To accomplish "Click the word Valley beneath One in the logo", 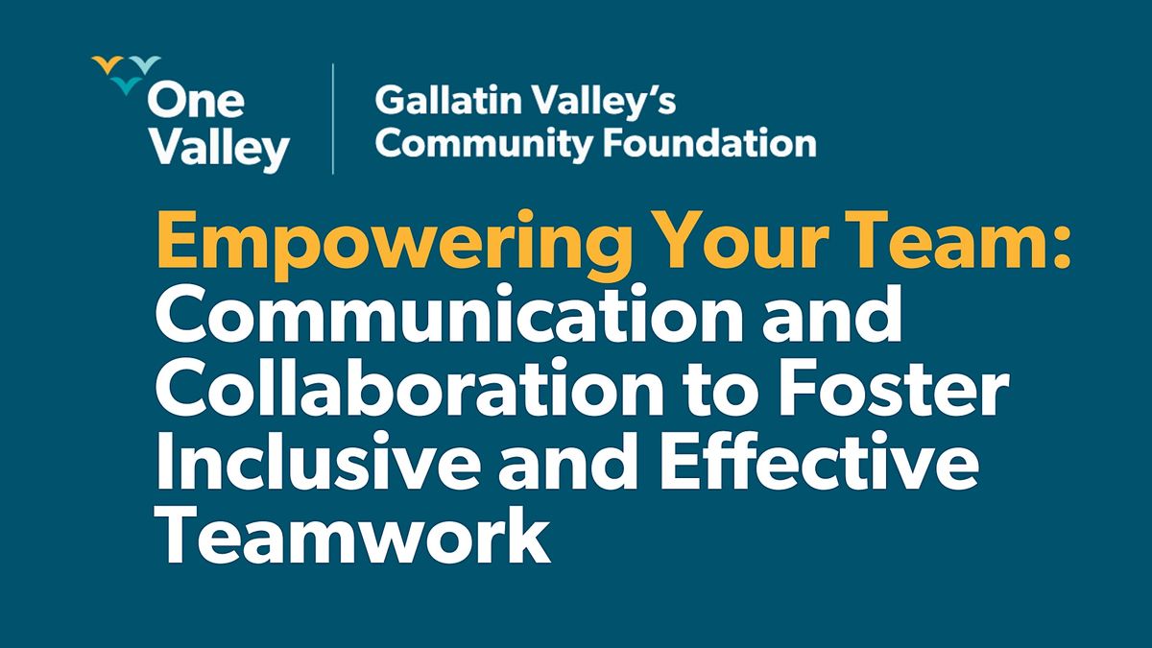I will tap(220, 148).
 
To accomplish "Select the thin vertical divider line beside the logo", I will tap(333, 119).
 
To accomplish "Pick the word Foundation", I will tap(718, 144).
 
